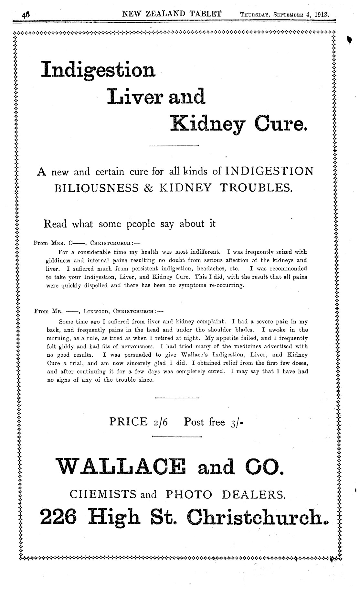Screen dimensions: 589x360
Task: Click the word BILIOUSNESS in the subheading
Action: coord(97,188)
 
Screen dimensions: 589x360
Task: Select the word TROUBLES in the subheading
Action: coord(256,188)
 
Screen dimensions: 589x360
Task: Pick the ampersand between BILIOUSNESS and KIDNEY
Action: coord(148,188)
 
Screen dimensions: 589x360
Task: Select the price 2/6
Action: coord(159,422)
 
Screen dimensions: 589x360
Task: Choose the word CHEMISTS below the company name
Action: coord(101,494)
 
